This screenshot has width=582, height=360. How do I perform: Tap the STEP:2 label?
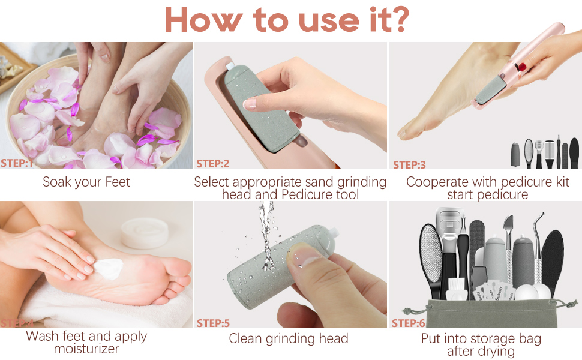[x=212, y=163]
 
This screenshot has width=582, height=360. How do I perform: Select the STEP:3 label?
[x=409, y=164]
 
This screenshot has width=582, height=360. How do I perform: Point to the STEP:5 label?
[x=213, y=323]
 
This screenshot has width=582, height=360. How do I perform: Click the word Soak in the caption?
[x=58, y=182]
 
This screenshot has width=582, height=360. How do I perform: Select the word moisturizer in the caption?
[x=86, y=349]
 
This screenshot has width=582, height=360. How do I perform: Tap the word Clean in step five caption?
[x=247, y=339]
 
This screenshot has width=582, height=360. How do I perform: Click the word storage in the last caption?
[x=499, y=339]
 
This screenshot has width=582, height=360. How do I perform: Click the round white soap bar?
[x=143, y=233]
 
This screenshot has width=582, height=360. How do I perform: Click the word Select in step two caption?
[x=211, y=182]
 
